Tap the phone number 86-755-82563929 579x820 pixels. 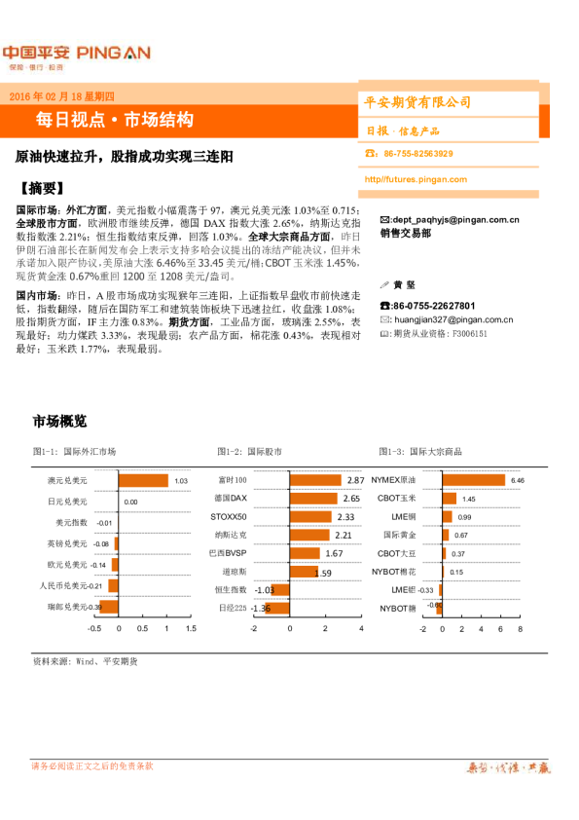pos(418,154)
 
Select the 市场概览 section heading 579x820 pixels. pos(60,422)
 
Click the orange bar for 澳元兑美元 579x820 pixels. pos(143,480)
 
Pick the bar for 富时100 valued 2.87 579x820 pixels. pos(314,480)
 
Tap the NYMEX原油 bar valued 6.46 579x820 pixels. pos(472,480)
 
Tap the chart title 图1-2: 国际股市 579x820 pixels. pos(250,452)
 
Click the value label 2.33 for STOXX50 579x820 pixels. pos(344,517)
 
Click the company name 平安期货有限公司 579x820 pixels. pos(416,102)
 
